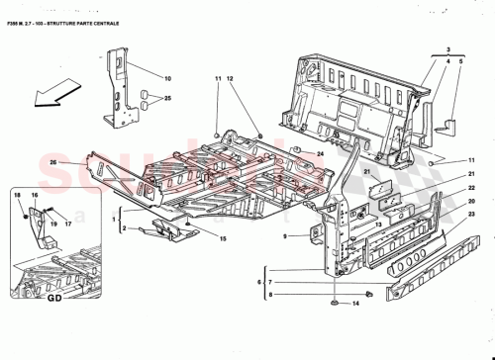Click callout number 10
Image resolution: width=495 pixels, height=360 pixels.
coord(167,78)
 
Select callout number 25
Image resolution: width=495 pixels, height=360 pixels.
coord(167,99)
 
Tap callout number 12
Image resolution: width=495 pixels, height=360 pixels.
coord(229,78)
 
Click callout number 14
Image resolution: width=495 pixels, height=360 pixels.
coord(353,303)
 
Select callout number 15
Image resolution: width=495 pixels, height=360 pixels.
coord(223,239)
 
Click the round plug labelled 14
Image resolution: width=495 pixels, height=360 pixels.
coord(334,302)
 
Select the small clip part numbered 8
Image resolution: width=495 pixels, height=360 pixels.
coord(365,293)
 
